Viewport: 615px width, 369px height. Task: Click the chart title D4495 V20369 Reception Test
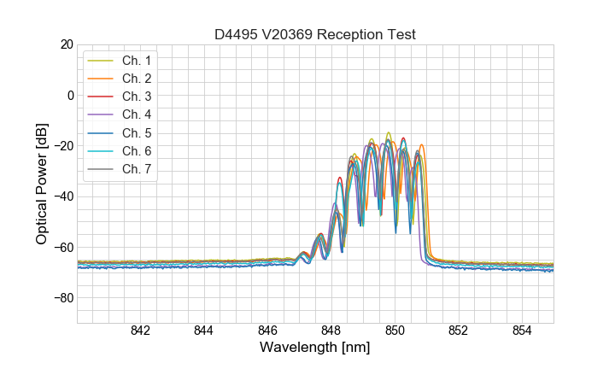(314, 35)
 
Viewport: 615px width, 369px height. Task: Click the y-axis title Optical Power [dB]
(42, 184)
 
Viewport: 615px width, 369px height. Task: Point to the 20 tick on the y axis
(66, 44)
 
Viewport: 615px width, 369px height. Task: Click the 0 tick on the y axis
(69, 95)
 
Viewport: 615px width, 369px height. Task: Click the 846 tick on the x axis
(267, 331)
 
